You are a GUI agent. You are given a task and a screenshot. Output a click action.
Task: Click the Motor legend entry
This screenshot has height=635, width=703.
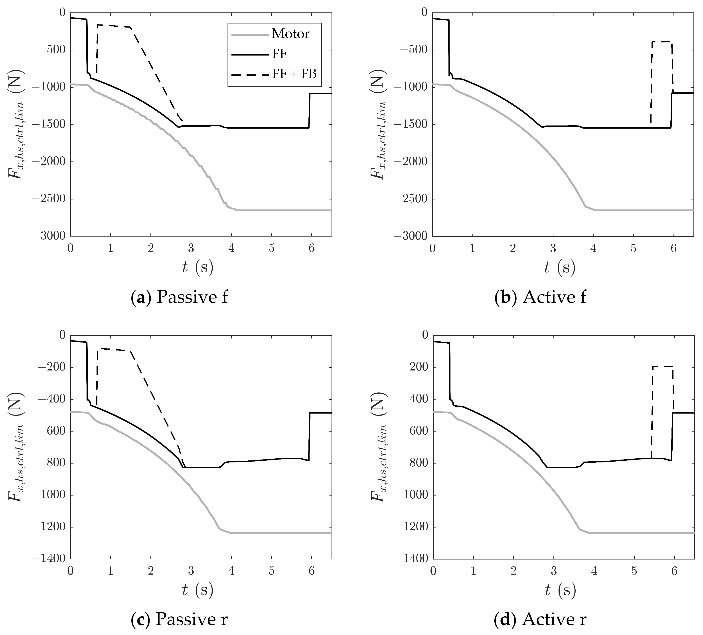tap(290, 34)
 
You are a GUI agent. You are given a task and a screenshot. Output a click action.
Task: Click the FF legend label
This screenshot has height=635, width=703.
tap(279, 54)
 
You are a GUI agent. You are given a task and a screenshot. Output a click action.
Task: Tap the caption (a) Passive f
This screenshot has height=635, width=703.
tap(180, 297)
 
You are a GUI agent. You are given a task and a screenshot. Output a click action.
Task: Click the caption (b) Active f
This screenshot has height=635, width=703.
tap(540, 297)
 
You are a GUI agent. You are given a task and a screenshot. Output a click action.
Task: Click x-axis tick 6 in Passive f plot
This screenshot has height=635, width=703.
tap(312, 248)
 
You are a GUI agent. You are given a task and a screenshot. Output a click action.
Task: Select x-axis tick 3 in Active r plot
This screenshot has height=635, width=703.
tap(553, 571)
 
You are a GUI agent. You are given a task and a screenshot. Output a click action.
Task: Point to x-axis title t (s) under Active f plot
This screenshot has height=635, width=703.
tap(559, 268)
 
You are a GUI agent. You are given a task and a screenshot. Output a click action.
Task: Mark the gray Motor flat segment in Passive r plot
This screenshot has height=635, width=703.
tap(279, 533)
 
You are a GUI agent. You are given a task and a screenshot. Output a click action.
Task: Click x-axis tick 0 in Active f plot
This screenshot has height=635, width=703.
tap(432, 248)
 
